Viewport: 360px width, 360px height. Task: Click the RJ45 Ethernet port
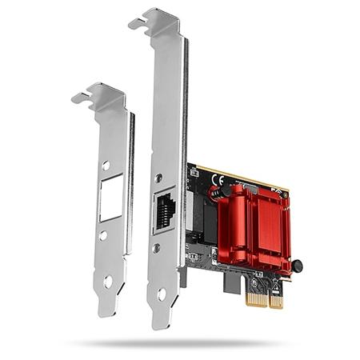(x=165, y=210)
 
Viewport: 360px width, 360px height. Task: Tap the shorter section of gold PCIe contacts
(x=276, y=302)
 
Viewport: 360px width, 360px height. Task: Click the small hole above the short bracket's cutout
(x=106, y=166)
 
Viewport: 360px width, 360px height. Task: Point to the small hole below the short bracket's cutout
(x=105, y=236)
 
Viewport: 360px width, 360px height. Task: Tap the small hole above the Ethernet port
(x=163, y=173)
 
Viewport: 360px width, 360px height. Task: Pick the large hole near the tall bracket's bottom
(x=162, y=295)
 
